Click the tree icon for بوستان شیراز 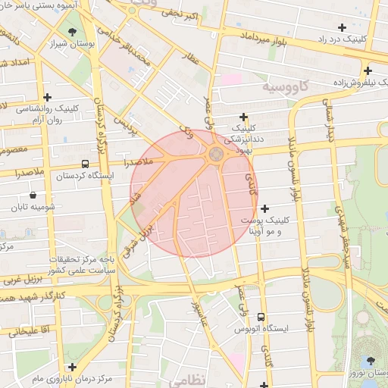click(x=72, y=32)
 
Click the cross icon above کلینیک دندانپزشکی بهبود click(x=243, y=117)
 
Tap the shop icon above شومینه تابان click(x=33, y=195)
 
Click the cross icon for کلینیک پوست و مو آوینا click(x=264, y=208)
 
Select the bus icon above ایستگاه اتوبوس click(x=261, y=317)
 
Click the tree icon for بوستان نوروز click(x=370, y=361)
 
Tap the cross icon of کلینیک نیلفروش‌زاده click(x=367, y=70)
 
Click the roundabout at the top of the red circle click(x=215, y=154)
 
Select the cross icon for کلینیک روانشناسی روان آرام click(x=47, y=97)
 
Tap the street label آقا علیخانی click(x=27, y=331)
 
